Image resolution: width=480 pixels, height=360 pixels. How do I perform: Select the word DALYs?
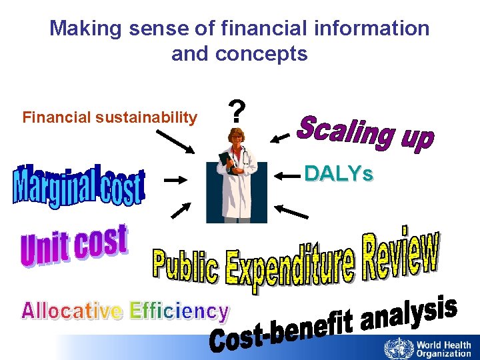click(x=339, y=175)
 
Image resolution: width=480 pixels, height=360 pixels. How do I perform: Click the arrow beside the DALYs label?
click(x=288, y=176)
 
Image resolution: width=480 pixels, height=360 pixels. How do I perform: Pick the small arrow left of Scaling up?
click(x=281, y=137)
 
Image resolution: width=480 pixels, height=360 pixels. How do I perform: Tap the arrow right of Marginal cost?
click(x=175, y=179)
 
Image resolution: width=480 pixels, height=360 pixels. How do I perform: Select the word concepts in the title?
click(x=271, y=53)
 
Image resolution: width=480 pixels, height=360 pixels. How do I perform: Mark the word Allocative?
click(x=72, y=311)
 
